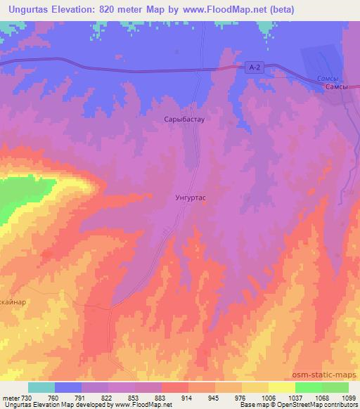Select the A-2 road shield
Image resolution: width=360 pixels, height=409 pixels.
click(x=255, y=67)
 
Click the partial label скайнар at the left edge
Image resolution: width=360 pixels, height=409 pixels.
click(x=13, y=301)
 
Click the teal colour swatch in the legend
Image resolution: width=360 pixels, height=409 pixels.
click(x=41, y=387)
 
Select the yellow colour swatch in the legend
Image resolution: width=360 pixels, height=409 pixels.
click(x=281, y=387)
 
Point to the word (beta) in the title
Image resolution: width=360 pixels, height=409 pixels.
click(x=280, y=9)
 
